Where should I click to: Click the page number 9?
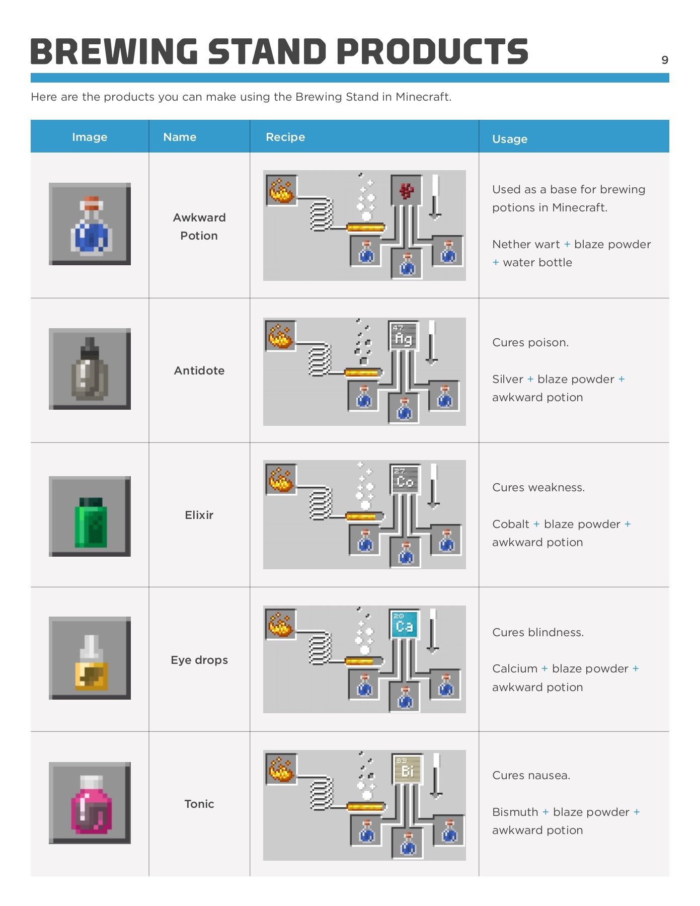[x=664, y=60]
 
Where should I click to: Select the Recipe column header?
[x=285, y=137]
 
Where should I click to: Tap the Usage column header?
[x=509, y=139]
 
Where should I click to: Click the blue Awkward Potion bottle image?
[x=90, y=224]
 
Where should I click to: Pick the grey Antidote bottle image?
[x=90, y=369]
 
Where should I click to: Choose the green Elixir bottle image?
[x=90, y=516]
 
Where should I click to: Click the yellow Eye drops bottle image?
[x=90, y=658]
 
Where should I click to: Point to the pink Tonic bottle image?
[x=90, y=803]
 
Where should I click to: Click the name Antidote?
[x=199, y=370]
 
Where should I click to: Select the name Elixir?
[x=199, y=515]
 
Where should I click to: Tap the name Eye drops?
[x=199, y=660]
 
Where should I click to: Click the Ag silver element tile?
[x=404, y=336]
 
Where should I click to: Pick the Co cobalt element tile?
[x=405, y=479]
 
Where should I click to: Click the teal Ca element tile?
[x=404, y=624]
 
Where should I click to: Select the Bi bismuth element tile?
[x=407, y=768]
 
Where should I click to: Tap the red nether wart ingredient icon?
[x=406, y=190]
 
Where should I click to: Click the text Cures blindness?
[x=538, y=632]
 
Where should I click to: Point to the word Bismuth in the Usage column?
[x=515, y=812]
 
